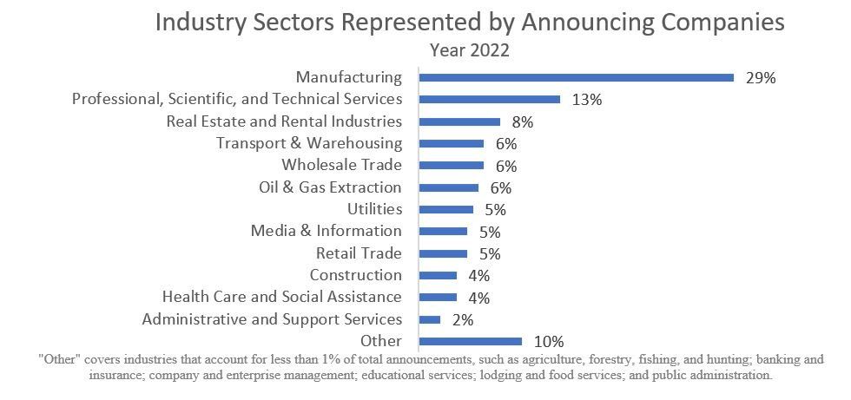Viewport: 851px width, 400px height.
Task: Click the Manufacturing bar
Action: tap(577, 77)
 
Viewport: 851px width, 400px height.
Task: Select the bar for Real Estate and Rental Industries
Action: tap(459, 121)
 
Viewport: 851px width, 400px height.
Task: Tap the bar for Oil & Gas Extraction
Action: tap(448, 187)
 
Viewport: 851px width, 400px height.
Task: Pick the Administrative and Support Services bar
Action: tap(429, 319)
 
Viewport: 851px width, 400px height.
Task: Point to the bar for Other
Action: tap(470, 341)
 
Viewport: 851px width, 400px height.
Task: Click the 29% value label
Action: tap(760, 77)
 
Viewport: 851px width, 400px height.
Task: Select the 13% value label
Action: tap(587, 100)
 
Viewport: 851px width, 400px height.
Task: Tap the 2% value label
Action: tap(462, 320)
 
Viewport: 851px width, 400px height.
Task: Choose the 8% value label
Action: tap(522, 122)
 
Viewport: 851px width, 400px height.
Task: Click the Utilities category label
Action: tap(374, 209)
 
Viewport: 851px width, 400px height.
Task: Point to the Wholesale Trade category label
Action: tap(341, 165)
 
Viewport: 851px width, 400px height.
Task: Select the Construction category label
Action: tap(356, 275)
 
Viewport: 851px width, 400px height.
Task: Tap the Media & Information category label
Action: tap(327, 231)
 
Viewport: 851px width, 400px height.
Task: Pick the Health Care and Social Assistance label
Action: tap(282, 297)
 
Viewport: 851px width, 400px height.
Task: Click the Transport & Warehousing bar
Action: tap(451, 143)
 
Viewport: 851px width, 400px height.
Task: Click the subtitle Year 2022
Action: tap(470, 50)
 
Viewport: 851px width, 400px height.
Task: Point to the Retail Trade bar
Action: tap(443, 253)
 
